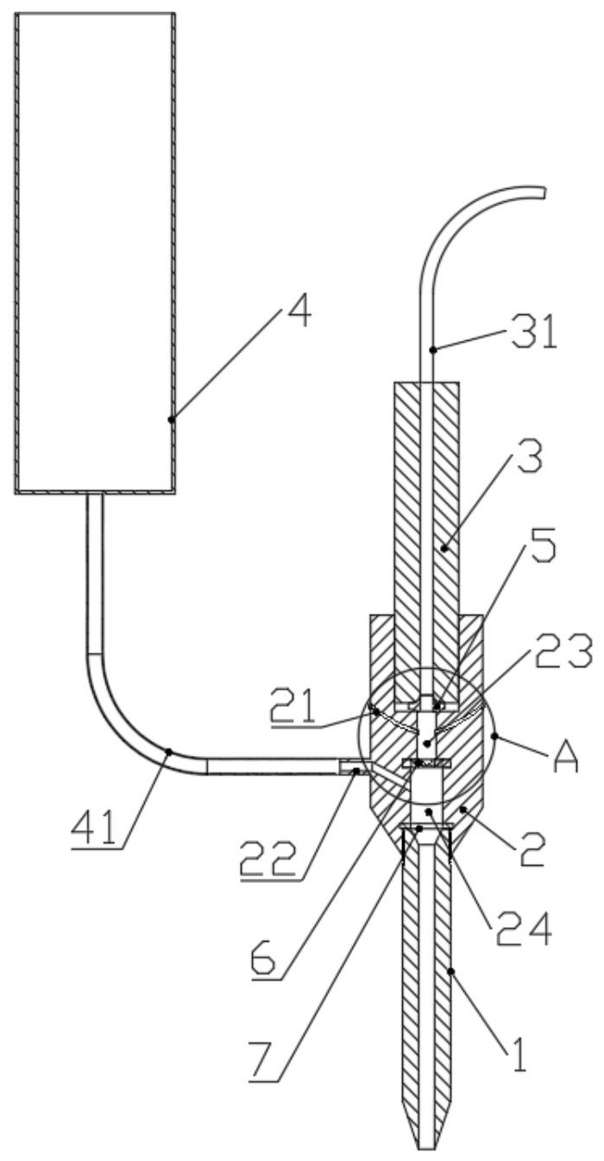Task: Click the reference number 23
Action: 563,651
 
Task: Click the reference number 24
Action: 524,931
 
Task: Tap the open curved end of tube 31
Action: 543,192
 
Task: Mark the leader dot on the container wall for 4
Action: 172,420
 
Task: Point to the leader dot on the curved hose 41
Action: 168,751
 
